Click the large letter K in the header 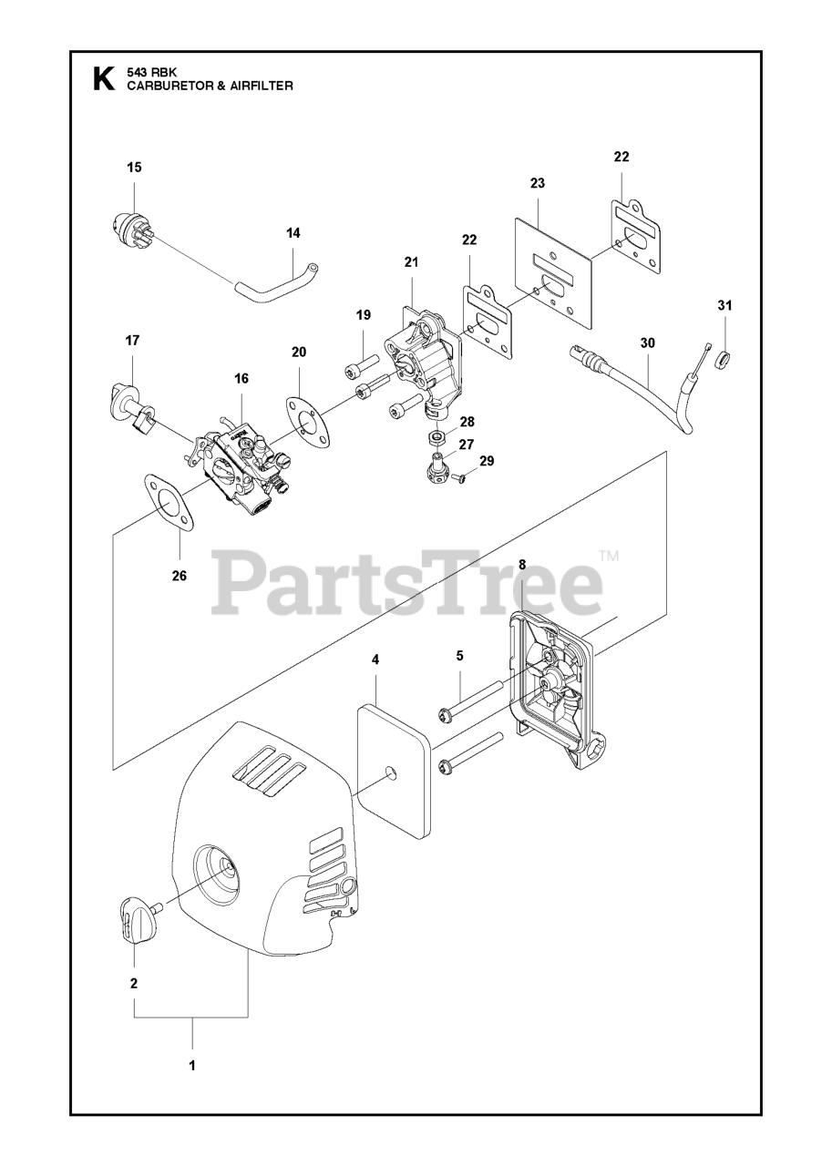coord(104,80)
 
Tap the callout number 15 coord(134,168)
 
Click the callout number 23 coord(537,183)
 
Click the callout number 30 coord(648,343)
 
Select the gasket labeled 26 coord(169,505)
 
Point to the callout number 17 coord(132,341)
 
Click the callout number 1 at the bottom coord(192,1064)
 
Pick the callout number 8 coord(522,565)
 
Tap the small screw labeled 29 coord(457,476)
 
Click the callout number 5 coord(459,655)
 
